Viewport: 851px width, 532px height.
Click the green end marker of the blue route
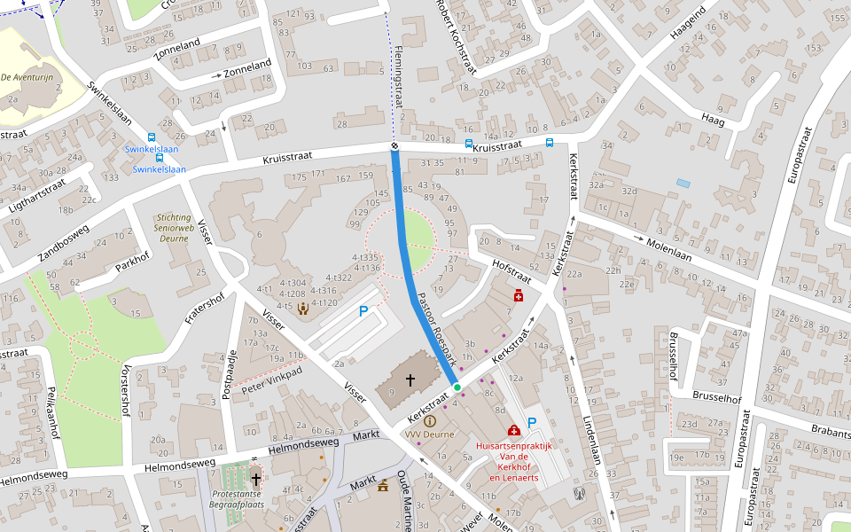pos(457,387)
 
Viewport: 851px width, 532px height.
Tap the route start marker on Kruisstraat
pos(394,145)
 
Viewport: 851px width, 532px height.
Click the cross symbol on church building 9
pos(410,379)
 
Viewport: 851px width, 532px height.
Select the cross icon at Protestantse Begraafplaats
pos(256,479)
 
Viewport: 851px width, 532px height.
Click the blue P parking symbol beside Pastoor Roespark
pos(363,311)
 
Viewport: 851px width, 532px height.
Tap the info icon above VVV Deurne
pos(430,421)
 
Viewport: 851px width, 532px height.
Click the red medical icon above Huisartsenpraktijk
pos(514,430)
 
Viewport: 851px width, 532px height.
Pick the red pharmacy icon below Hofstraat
pos(519,294)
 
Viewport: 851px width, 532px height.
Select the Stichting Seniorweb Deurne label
pos(172,228)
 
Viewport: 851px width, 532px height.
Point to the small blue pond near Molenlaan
pos(682,183)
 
